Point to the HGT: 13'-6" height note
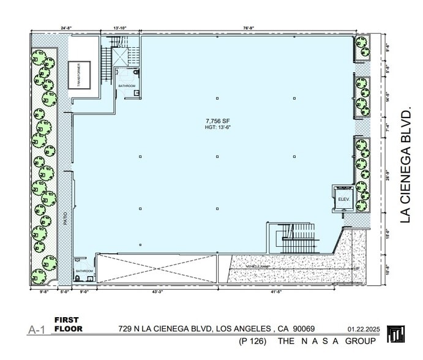point(217,128)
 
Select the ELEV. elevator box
point(343,200)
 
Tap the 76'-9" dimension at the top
point(248,28)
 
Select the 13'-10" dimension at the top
point(119,28)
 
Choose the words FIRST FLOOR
point(68,324)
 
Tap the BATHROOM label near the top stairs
point(126,86)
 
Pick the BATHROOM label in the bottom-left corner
point(84,271)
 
